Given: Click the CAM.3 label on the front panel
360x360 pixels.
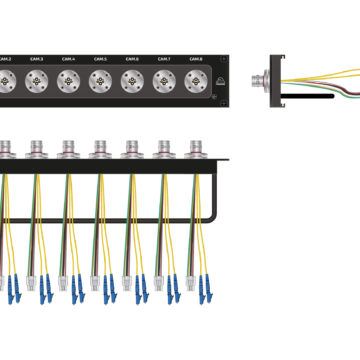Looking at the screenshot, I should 36,60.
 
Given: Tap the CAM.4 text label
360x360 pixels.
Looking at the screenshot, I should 67,60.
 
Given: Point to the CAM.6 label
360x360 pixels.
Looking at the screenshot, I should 131,60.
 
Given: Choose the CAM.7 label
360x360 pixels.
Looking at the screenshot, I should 162,60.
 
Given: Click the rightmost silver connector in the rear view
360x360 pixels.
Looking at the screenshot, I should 195,150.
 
